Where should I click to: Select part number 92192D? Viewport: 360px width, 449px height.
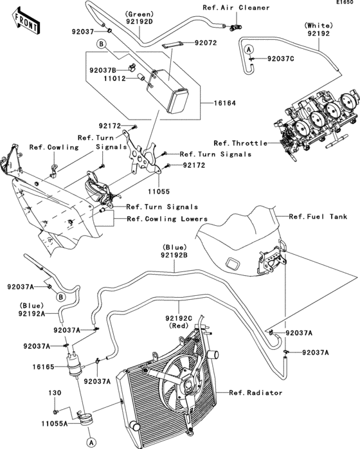point(139,21)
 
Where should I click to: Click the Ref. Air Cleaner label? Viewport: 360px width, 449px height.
point(210,8)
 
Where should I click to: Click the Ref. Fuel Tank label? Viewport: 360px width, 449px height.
point(318,217)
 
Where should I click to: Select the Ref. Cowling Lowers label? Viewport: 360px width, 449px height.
point(167,219)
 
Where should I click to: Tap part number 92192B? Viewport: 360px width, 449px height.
point(174,255)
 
